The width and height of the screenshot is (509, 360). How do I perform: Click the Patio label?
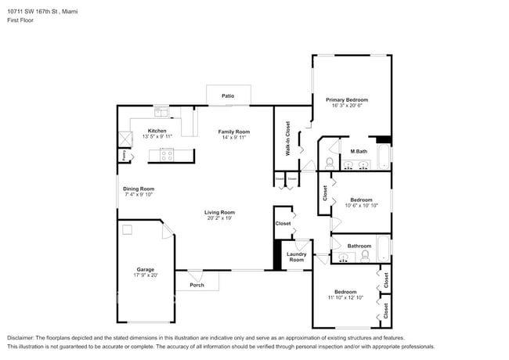click(228, 96)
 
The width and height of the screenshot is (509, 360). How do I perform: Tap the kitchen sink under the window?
click(160, 111)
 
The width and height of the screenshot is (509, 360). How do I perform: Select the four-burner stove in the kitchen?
click(167, 155)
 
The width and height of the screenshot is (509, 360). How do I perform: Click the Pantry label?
click(123, 155)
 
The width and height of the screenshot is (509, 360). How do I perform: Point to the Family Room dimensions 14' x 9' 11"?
click(233, 138)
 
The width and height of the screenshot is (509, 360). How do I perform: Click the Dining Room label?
click(138, 189)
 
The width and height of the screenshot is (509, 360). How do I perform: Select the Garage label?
click(145, 269)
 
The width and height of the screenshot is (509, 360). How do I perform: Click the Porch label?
click(197, 285)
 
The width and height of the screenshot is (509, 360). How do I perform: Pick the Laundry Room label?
click(296, 257)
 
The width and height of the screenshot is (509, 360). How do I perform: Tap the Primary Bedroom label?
click(347, 99)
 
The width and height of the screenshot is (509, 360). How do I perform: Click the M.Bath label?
click(359, 151)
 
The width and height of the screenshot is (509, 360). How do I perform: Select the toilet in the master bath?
click(330, 162)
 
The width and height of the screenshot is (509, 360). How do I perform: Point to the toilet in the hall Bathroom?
click(365, 255)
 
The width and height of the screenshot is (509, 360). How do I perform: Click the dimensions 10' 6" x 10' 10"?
click(362, 206)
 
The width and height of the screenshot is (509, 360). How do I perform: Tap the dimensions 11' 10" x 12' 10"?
click(345, 297)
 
